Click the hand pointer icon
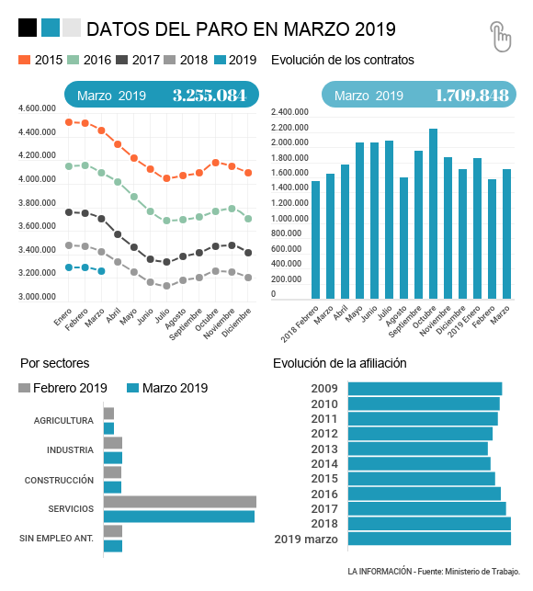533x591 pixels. coord(501,36)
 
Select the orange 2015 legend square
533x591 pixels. coord(24,60)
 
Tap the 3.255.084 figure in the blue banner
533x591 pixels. coord(210,96)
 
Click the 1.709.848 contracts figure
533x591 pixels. coord(472,96)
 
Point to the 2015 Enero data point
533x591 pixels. coord(69,122)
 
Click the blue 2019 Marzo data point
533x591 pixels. coord(101,271)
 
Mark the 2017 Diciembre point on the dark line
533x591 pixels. coord(248,253)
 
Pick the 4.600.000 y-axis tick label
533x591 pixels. coord(37,108)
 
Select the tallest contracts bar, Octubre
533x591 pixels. coord(433,214)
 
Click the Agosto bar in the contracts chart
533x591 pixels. coord(403,238)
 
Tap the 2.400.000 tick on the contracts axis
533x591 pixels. coord(289,112)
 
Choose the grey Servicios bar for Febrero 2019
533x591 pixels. coord(180,502)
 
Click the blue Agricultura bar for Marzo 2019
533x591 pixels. coord(108,428)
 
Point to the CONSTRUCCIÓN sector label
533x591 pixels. coord(59,480)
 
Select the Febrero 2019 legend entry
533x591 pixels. coord(62,388)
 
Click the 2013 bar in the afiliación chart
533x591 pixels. coord(417,449)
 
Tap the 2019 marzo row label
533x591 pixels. coord(306,540)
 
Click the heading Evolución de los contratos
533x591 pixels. coord(342,60)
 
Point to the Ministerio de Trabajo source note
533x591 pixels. coord(434,572)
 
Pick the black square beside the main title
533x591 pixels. coord(28,28)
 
